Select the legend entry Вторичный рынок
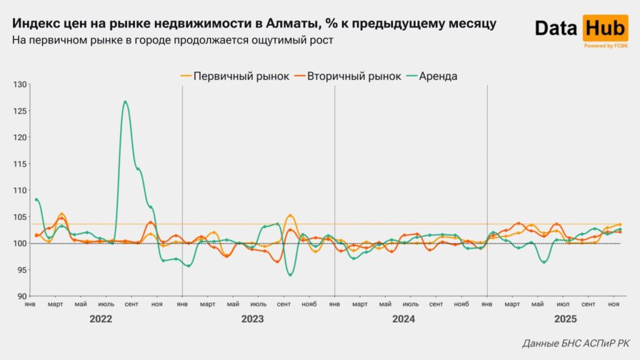(x=354, y=76)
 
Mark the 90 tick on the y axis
(x=21, y=296)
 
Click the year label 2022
(x=101, y=319)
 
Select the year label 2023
(x=252, y=319)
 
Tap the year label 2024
(x=404, y=319)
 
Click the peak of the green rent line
(x=126, y=101)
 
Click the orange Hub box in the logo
(x=605, y=28)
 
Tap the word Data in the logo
(x=557, y=28)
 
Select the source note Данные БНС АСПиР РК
(x=576, y=344)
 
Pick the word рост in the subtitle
(x=322, y=41)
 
